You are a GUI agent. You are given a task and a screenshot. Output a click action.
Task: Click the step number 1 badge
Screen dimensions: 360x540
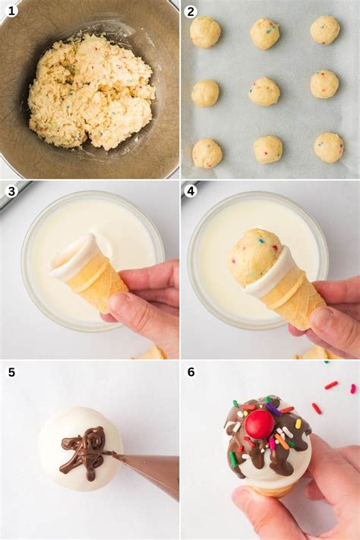[11, 11]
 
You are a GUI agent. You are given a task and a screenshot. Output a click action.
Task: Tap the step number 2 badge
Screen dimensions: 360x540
[191, 11]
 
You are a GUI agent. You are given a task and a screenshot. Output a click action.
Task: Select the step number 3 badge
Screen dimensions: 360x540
[11, 191]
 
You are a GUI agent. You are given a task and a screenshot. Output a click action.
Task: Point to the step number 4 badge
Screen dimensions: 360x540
[191, 191]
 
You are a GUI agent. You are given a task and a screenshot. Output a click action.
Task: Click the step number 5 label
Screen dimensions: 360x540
[11, 372]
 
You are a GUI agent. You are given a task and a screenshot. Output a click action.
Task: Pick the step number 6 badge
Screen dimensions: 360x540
[191, 372]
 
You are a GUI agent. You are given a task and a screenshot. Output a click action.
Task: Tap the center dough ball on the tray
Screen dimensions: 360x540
[264, 91]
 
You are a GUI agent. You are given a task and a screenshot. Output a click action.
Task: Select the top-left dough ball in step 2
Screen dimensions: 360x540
[205, 32]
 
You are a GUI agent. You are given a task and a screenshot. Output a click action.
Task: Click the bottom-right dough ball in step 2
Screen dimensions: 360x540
[329, 147]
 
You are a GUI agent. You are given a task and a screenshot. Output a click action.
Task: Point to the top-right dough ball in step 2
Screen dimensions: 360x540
[325, 30]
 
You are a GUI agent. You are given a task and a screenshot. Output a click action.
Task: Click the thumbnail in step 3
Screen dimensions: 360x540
[116, 302]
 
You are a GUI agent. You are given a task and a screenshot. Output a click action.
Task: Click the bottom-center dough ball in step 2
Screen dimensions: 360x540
[268, 150]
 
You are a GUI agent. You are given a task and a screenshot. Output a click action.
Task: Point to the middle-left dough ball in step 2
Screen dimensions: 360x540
[205, 93]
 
